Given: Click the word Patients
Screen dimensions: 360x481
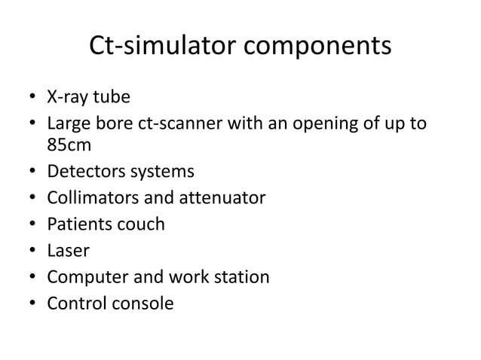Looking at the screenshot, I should (76, 224).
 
